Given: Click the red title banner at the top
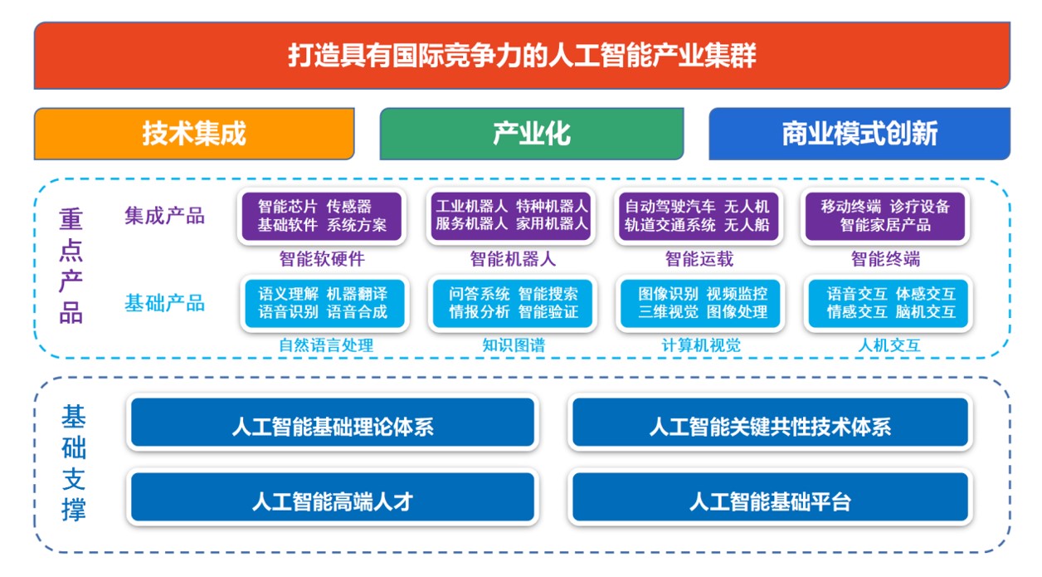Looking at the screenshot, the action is click(522, 56).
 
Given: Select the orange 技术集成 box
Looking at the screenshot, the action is click(194, 134).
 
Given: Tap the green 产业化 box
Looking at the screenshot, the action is click(532, 134).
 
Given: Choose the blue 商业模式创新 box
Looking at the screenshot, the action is click(859, 134).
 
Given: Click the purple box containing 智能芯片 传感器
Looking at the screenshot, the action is click(322, 216).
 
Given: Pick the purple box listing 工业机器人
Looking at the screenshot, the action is click(511, 216).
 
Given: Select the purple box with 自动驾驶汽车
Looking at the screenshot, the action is click(699, 216).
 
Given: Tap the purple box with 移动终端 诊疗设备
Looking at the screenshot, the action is click(885, 216).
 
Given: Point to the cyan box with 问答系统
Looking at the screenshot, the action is click(513, 303).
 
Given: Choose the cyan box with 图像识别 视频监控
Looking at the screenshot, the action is click(700, 303).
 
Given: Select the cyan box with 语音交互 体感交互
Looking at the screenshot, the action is click(889, 303).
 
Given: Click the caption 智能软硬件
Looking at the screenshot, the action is click(322, 259).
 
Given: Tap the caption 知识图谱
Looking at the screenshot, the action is click(514, 345).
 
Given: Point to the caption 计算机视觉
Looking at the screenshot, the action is click(701, 345).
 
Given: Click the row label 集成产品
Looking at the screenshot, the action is click(164, 216).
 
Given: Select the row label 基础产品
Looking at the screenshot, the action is click(164, 303).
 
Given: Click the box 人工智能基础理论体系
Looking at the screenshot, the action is click(333, 423).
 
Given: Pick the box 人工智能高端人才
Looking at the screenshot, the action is click(333, 497).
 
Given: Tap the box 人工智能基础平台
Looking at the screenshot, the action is click(771, 497).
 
